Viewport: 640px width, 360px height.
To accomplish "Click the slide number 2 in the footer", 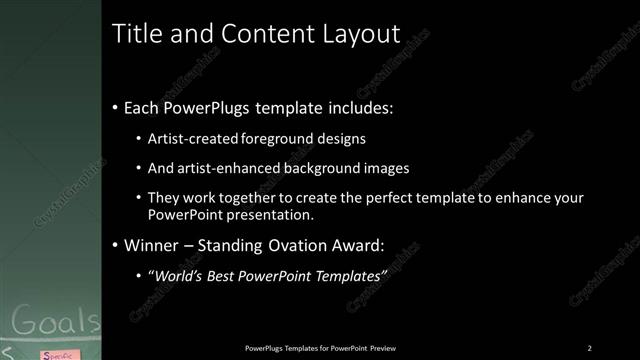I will pyautogui.click(x=589, y=348).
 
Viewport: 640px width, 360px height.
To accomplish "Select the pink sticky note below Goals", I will pyautogui.click(x=56, y=354).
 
